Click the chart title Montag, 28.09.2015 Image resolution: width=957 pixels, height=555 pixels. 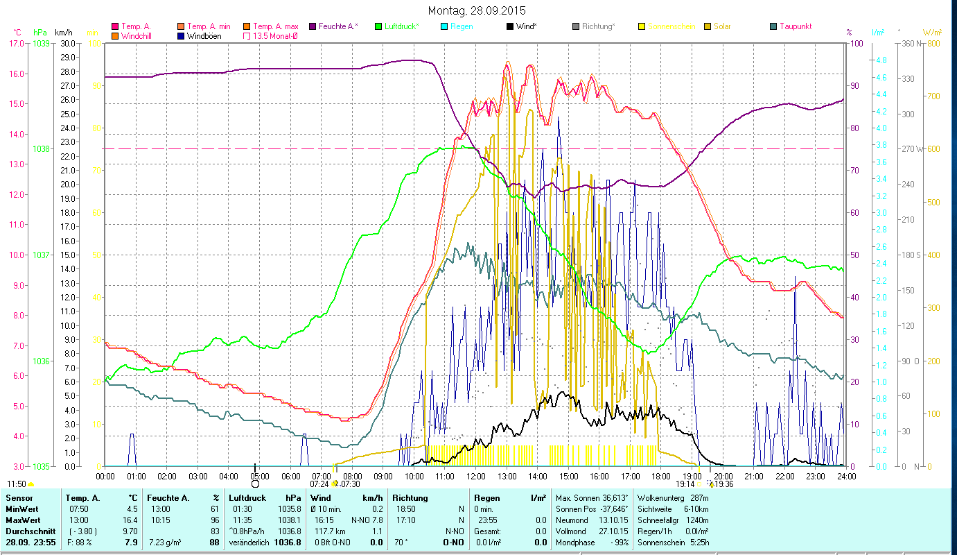click(x=477, y=10)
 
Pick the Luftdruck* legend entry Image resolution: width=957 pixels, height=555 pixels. click(x=402, y=26)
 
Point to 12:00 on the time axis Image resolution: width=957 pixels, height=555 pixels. click(x=476, y=477)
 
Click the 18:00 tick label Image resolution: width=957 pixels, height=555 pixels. click(x=661, y=477)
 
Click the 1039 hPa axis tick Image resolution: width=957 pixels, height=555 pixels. click(x=42, y=44)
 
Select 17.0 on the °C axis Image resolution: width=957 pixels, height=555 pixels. click(x=16, y=44)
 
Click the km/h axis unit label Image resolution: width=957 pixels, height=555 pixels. click(x=63, y=33)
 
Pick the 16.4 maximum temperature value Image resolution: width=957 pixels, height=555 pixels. click(x=130, y=520)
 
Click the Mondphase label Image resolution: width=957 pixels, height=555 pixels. click(x=572, y=542)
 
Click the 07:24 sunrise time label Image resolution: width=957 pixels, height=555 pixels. click(x=319, y=484)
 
